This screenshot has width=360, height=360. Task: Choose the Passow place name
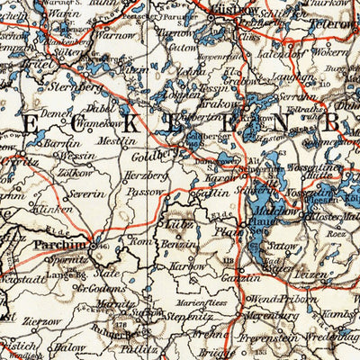[x=140, y=191]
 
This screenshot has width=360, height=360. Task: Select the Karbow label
[x=187, y=267]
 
